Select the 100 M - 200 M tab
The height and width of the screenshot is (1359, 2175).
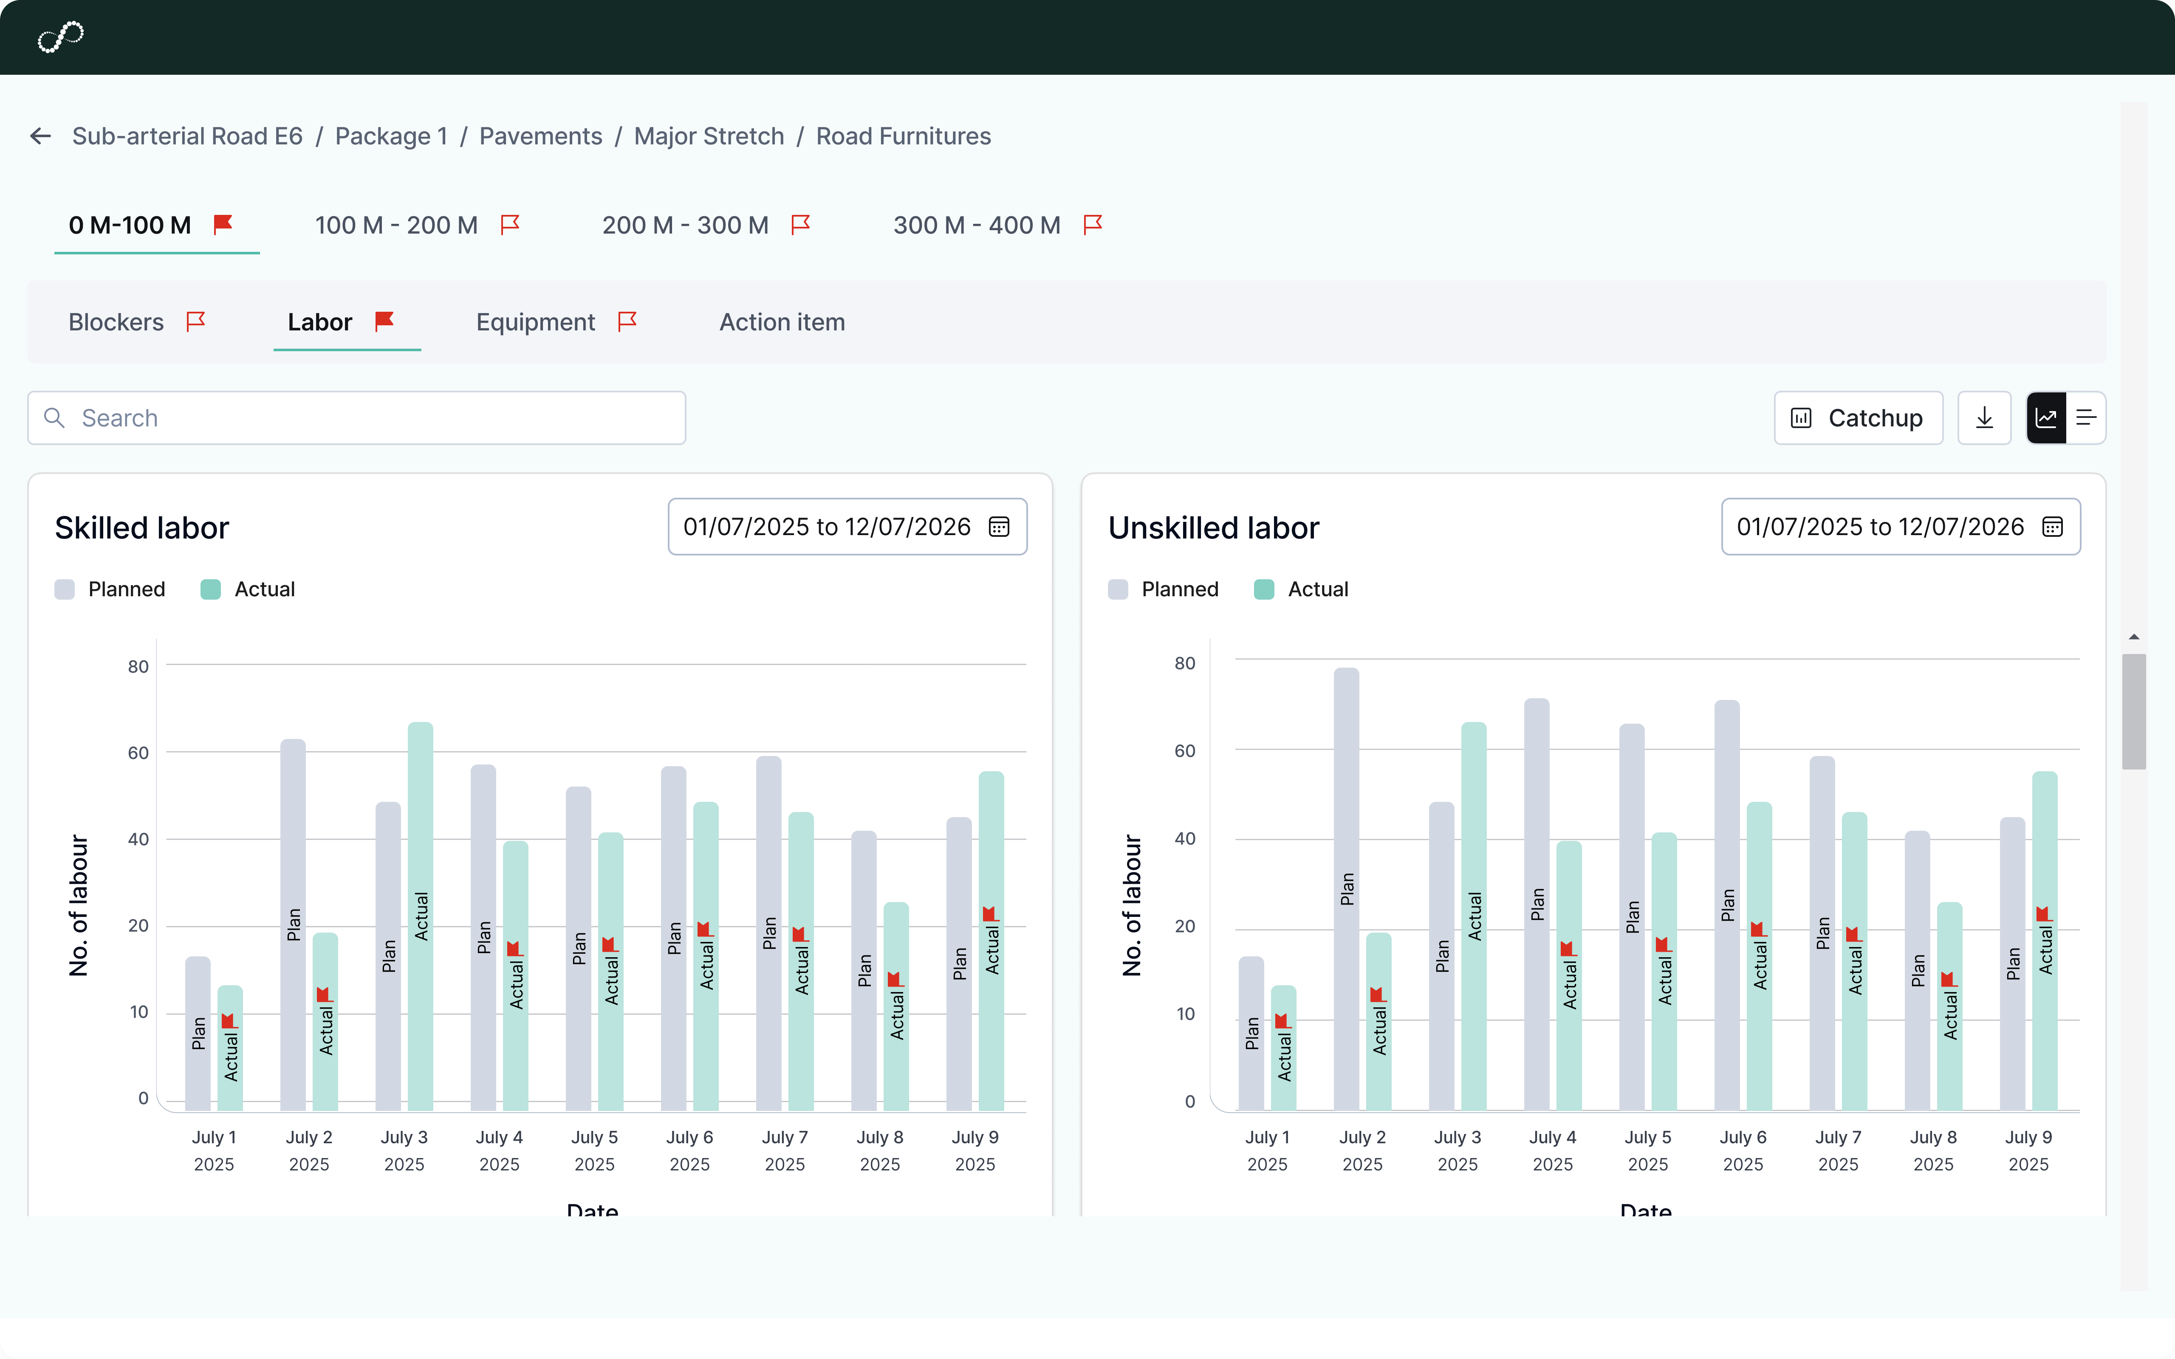click(396, 226)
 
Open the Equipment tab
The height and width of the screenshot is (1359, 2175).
click(536, 323)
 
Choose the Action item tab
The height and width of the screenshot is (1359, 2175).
click(782, 323)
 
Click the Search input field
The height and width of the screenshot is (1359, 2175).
click(357, 418)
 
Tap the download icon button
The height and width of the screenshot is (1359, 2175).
click(1983, 418)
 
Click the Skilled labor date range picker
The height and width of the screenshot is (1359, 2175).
click(847, 527)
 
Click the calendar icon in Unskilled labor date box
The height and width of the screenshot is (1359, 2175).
click(2052, 527)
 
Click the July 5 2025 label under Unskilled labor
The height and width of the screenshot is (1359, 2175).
click(1647, 1150)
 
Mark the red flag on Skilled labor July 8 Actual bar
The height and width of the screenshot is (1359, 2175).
click(894, 980)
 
